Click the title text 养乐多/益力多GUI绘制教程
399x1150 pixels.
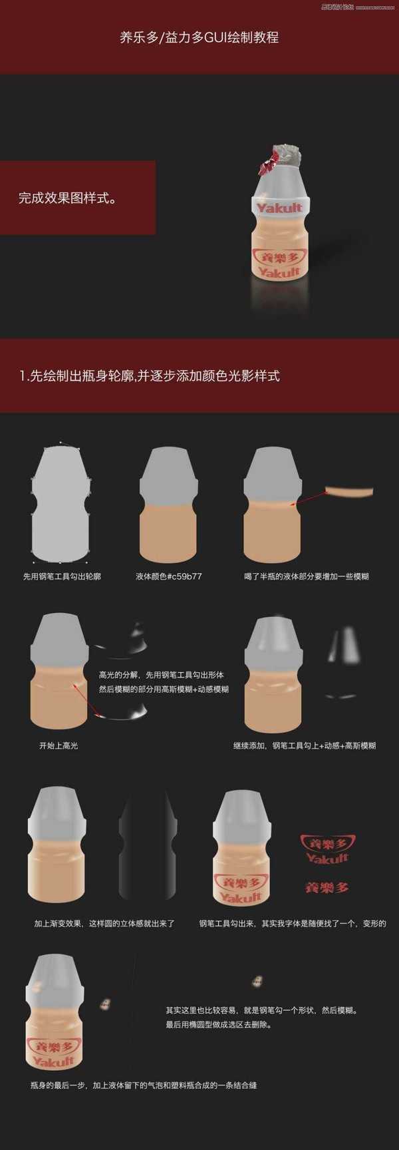click(x=199, y=38)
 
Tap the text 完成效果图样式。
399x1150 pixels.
click(x=67, y=198)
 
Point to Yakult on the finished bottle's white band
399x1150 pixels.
click(x=279, y=208)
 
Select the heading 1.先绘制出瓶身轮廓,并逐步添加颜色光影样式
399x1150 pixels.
click(x=149, y=375)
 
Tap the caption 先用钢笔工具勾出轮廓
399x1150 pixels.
click(x=62, y=576)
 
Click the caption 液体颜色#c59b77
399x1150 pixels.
click(x=168, y=576)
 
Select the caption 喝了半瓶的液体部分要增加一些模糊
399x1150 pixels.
click(x=306, y=576)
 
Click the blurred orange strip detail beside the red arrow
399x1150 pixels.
click(x=349, y=492)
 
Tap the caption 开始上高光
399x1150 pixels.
click(x=59, y=745)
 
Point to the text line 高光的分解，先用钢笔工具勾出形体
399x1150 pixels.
click(x=161, y=675)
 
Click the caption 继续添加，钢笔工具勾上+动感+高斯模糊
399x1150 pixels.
click(x=304, y=745)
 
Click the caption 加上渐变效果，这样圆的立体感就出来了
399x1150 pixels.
click(x=104, y=923)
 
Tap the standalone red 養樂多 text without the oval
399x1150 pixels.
click(x=327, y=887)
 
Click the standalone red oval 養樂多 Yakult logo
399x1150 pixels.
click(x=327, y=849)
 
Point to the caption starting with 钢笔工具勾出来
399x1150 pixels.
click(x=292, y=923)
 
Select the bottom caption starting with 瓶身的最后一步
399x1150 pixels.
click(x=143, y=1085)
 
